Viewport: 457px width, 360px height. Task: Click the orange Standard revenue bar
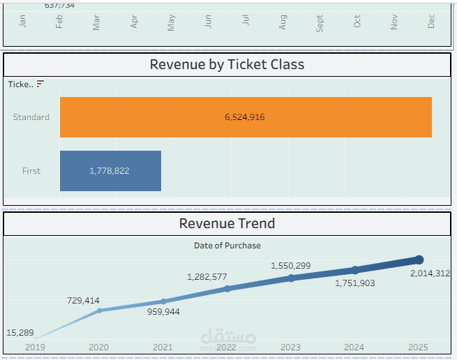click(246, 117)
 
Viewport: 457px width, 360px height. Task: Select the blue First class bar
click(110, 171)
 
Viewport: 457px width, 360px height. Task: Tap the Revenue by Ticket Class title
click(227, 65)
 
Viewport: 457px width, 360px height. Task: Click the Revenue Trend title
click(227, 223)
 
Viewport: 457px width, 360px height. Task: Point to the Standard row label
click(31, 117)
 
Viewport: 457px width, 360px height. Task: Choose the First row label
click(31, 171)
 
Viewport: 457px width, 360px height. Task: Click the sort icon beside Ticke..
click(40, 84)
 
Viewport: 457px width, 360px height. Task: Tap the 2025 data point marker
click(419, 260)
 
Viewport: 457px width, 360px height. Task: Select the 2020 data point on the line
click(99, 310)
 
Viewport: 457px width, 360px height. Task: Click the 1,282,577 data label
click(207, 277)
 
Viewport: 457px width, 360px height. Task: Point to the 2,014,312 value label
click(430, 273)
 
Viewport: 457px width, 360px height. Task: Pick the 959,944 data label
click(163, 312)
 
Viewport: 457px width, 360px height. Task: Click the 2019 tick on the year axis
click(34, 347)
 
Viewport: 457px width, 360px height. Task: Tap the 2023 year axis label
click(290, 347)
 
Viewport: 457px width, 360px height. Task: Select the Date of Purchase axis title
click(227, 246)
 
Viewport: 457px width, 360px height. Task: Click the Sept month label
click(320, 24)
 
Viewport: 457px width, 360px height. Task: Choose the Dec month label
click(431, 22)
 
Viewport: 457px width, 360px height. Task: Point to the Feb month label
click(59, 22)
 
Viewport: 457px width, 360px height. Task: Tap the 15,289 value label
click(19, 333)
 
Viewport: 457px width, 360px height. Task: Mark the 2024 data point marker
click(355, 270)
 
